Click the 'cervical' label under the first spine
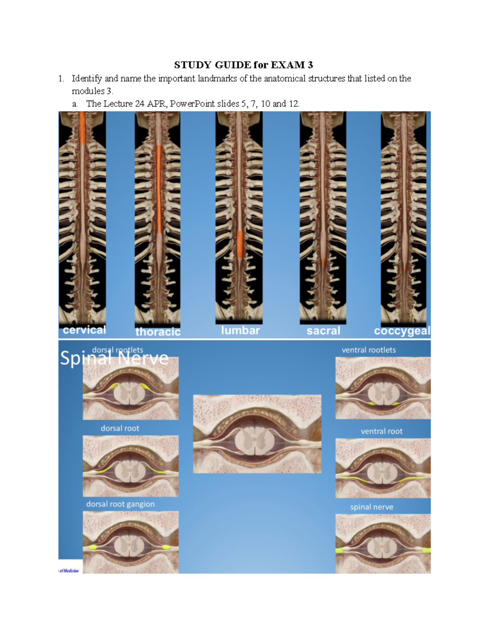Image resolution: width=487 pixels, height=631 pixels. [x=84, y=330]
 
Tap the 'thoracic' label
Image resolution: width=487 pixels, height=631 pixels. [x=158, y=332]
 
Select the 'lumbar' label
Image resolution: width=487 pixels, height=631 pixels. [x=240, y=330]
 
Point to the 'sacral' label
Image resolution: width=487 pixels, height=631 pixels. [x=323, y=331]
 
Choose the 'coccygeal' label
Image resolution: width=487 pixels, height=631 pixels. [x=402, y=331]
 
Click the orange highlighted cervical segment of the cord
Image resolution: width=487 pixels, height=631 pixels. [x=82, y=128]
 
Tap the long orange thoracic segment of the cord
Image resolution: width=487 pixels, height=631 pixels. [x=159, y=189]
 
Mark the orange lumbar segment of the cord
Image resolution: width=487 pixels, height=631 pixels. [x=240, y=244]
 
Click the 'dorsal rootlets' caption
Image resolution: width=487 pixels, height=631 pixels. [x=117, y=350]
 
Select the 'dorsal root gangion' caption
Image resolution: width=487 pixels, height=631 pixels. [x=121, y=504]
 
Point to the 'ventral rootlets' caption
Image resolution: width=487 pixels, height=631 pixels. [x=368, y=350]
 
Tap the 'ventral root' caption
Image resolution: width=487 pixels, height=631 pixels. [x=382, y=431]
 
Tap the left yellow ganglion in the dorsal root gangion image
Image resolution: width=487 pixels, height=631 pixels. [x=93, y=547]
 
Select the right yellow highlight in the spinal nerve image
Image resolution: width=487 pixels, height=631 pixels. [x=427, y=550]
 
